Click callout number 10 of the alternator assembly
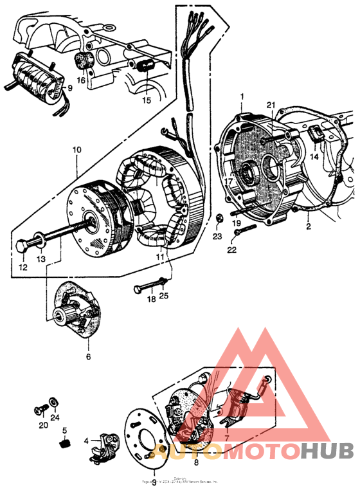point(76,149)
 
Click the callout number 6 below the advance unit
point(88,356)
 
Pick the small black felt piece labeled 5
point(65,443)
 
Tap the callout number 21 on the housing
point(271,105)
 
